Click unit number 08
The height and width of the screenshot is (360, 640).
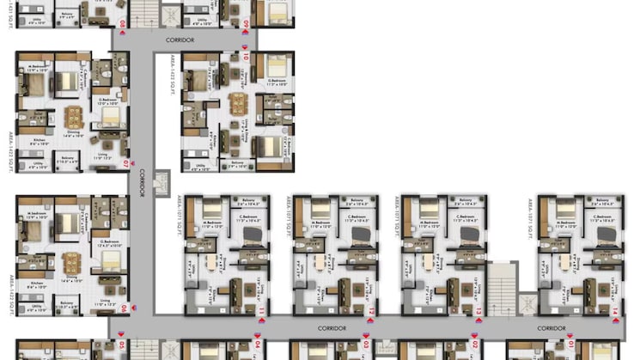(122, 23)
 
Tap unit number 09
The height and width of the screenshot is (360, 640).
(246, 23)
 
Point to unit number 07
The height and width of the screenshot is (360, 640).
(125, 162)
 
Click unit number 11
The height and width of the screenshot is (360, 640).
(262, 310)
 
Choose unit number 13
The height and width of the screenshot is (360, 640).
(478, 310)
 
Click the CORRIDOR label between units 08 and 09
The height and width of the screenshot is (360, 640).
(180, 40)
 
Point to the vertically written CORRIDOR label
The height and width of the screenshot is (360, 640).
(143, 183)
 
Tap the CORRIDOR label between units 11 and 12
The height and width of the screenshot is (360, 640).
(331, 328)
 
